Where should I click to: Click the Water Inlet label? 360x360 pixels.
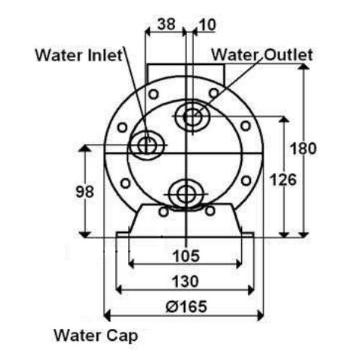79,55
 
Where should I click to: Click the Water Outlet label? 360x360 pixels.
262,55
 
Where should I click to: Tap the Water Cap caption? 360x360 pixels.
96,335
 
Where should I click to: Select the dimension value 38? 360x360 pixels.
166,24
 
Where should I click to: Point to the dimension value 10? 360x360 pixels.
208,25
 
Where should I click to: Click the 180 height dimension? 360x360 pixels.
303,148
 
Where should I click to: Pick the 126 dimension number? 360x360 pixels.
284,179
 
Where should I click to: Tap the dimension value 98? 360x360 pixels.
85,191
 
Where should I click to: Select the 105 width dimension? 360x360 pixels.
186,256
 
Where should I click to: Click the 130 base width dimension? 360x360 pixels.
185,281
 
